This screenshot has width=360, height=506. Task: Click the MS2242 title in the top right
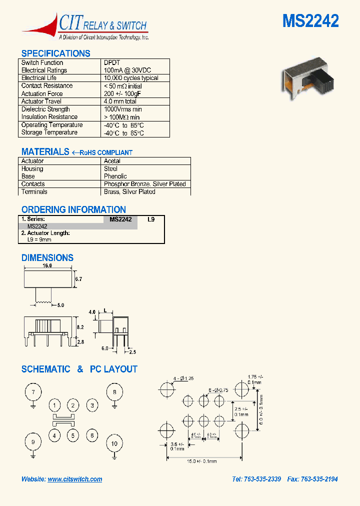coord(310,21)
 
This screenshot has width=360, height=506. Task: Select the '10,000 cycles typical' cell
coord(131,78)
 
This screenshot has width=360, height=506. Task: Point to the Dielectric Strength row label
coord(45,109)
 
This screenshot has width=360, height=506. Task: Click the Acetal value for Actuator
coord(112,161)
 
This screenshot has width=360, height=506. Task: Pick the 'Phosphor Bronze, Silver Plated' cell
coord(144,184)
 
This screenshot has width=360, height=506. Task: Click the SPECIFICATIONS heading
coord(55,53)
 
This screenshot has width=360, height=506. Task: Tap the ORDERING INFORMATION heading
coord(73,209)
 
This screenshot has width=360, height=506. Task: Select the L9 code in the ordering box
coord(151,219)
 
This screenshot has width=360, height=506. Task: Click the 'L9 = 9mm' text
coord(39,239)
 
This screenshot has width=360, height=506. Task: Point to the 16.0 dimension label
coord(47,265)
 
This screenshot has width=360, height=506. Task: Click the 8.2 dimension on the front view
coord(79,326)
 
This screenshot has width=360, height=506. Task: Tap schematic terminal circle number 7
coord(33,392)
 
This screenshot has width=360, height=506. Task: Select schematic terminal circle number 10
coord(114,443)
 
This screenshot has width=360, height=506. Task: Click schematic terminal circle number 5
coord(73,435)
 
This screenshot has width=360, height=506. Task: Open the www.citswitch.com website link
coord(75,479)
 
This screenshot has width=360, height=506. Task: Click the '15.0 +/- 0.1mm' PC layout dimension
coord(203,461)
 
